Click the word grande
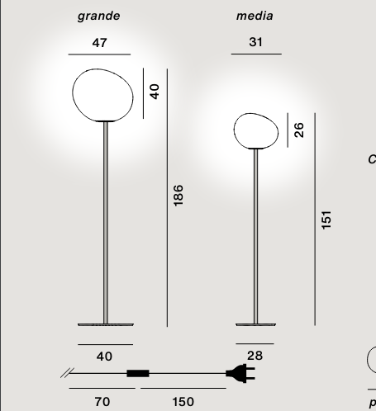[99, 16]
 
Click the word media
[255, 16]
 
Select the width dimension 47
[99, 42]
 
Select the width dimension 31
[255, 42]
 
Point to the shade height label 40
[154, 91]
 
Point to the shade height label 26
[299, 130]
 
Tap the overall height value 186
[178, 196]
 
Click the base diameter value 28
[255, 356]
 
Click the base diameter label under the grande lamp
[104, 357]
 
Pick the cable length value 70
[102, 402]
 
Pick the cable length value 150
[183, 402]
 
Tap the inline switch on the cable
[138, 374]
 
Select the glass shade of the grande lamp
[104, 92]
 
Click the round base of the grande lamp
[104, 323]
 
